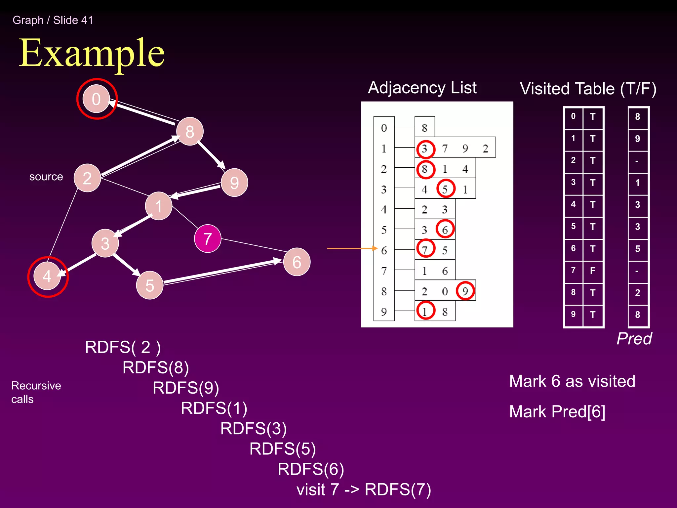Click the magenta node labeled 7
[208, 238]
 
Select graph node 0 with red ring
[96, 99]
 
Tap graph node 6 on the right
[297, 262]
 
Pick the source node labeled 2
[87, 178]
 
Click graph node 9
[234, 183]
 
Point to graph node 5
[150, 285]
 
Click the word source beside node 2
[46, 177]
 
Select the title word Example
[92, 53]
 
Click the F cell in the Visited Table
[593, 271]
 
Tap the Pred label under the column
[634, 338]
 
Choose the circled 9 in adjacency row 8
[465, 291]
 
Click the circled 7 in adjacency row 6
[425, 249]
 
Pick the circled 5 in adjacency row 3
[445, 189]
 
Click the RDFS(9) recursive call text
[186, 388]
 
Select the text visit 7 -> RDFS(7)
[364, 489]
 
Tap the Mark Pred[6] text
[557, 412]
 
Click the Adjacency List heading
[422, 88]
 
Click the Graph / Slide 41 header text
[53, 20]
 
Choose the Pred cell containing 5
[637, 249]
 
